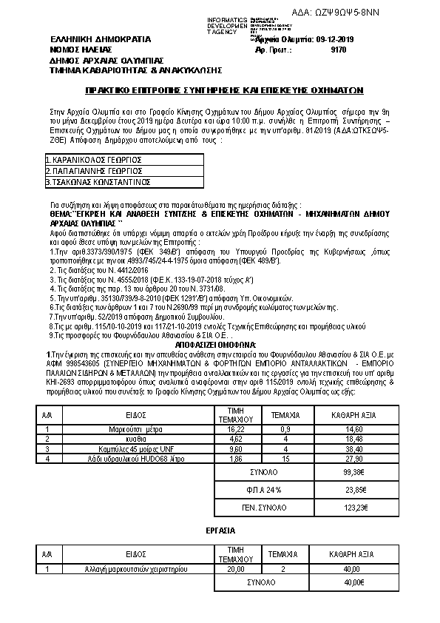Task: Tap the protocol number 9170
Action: pos(339,50)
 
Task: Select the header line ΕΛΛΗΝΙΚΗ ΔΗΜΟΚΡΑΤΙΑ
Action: pos(100,38)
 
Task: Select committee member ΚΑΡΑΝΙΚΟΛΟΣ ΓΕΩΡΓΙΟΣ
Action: pos(94,160)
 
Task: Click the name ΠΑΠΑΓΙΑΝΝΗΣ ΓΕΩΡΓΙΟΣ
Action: pos(94,170)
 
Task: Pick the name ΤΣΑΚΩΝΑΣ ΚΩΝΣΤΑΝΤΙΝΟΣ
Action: pos(98,181)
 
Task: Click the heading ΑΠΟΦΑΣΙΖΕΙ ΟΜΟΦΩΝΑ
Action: pos(216,345)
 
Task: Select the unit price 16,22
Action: pos(236,428)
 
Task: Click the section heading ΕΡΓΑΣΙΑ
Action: pos(220,531)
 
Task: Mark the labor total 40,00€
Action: pos(354,582)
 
